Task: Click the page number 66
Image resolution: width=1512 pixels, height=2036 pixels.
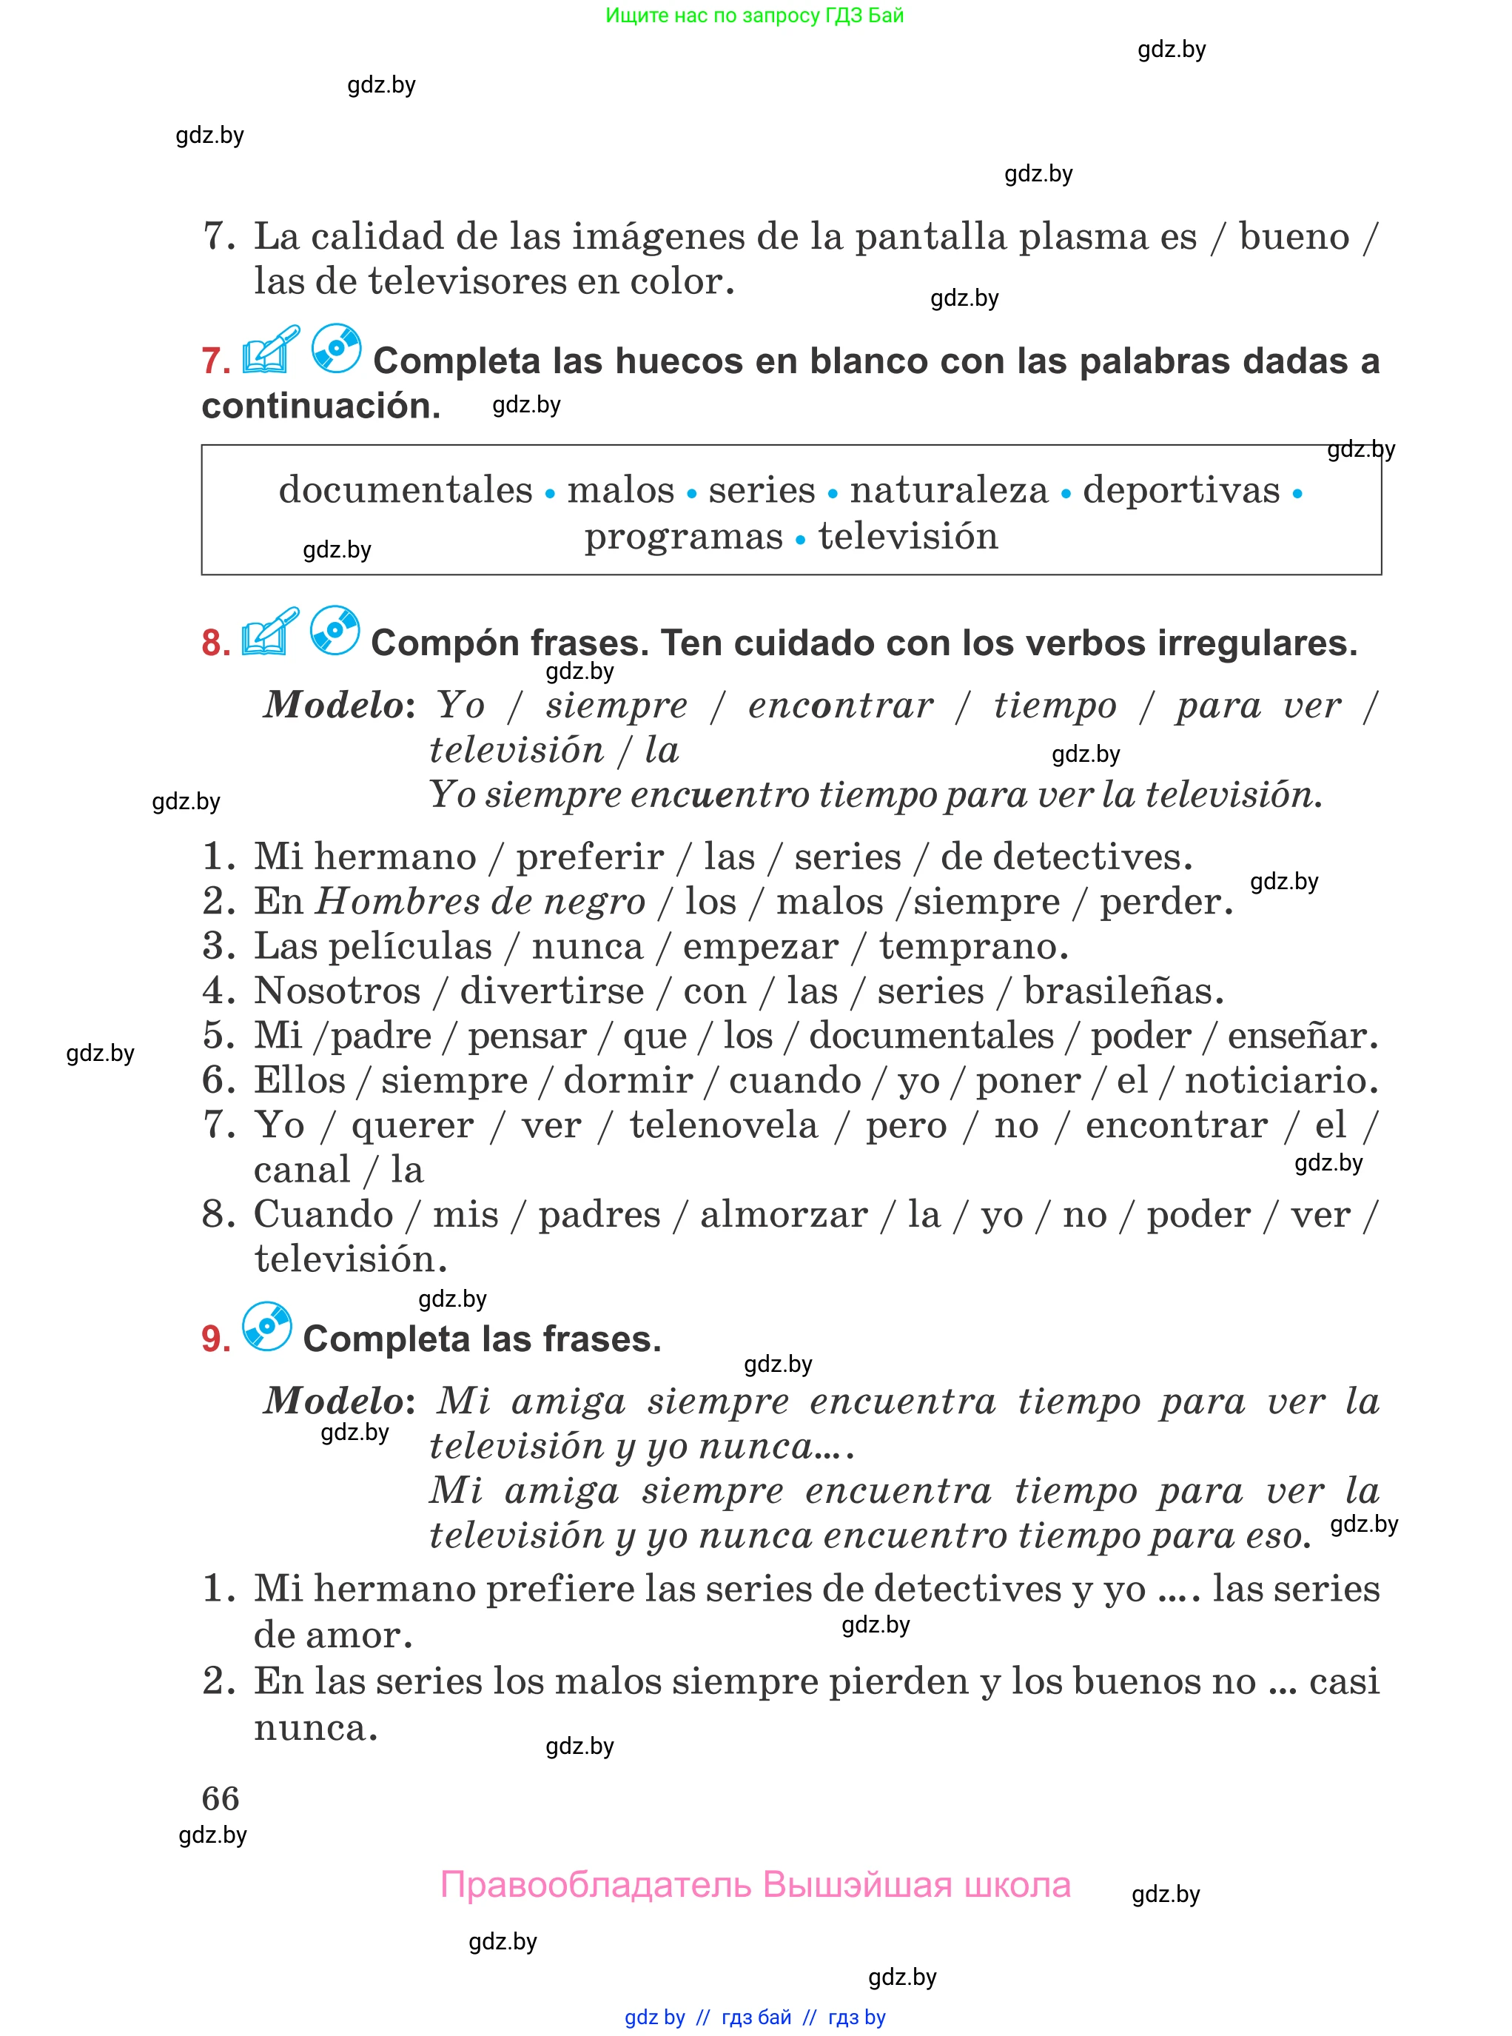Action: [220, 1798]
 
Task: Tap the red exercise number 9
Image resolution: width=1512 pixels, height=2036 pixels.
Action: [215, 1339]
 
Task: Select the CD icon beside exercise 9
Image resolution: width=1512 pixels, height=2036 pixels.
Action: [267, 1327]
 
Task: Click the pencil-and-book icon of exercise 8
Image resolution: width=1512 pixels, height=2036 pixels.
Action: [270, 632]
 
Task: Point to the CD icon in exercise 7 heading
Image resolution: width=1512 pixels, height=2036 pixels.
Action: [336, 348]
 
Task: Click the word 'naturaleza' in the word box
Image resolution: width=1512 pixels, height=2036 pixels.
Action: [948, 490]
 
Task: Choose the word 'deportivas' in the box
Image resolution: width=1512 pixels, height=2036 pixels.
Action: [1180, 490]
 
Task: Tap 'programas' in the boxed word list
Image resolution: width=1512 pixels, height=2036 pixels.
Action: [684, 537]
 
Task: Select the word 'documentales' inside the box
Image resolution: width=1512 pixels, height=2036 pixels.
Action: [406, 490]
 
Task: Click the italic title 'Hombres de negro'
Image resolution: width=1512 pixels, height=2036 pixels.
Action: [480, 902]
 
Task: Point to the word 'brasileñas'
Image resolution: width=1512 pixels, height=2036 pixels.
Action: [1122, 991]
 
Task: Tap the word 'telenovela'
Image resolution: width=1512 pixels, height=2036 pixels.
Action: [723, 1125]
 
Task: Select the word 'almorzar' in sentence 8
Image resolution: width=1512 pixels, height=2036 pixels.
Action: [784, 1215]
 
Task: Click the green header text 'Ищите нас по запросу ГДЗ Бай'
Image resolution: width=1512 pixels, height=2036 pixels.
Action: [754, 15]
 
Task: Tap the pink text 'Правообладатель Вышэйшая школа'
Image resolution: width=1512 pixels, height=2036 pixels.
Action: [755, 1885]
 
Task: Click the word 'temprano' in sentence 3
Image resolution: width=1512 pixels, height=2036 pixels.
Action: [972, 947]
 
